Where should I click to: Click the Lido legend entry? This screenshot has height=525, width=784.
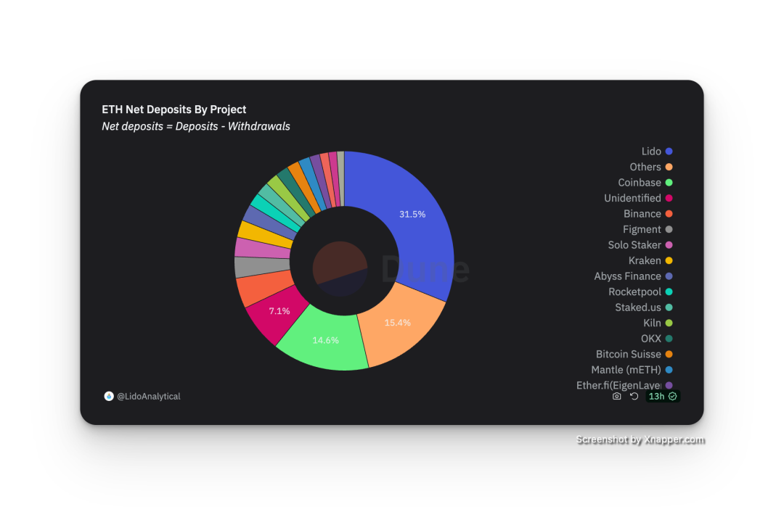(651, 152)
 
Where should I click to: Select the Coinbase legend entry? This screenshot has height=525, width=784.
(640, 183)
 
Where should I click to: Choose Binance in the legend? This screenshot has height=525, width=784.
(642, 214)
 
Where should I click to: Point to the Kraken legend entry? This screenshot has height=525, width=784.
(645, 260)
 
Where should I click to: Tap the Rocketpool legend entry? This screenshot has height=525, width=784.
(634, 292)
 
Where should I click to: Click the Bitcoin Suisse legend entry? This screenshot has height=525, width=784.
(629, 354)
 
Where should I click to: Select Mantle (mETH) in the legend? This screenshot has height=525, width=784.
(626, 370)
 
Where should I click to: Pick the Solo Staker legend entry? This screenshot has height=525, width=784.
(634, 245)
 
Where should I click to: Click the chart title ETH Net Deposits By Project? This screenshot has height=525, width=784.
(174, 109)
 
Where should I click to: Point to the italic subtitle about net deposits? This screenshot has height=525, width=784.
(196, 126)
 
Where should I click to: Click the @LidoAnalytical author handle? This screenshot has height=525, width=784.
(148, 397)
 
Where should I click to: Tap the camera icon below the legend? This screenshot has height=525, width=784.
(617, 397)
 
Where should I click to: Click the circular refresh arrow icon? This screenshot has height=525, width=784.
(634, 397)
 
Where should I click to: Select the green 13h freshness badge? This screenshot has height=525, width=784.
(662, 397)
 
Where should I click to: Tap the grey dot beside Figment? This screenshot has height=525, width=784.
(669, 229)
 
